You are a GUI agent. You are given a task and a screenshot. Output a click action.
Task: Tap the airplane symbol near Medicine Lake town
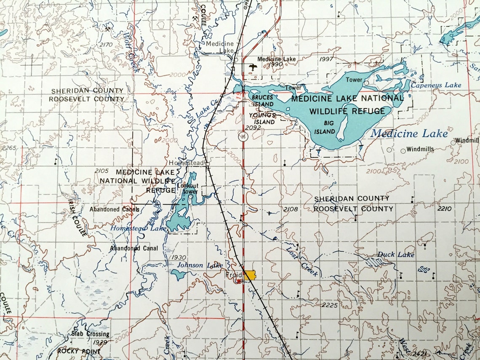pyautogui.click(x=253, y=67)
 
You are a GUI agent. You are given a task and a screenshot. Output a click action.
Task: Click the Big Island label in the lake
pyautogui.click(x=325, y=127)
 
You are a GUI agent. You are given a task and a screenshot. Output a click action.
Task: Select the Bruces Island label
pyautogui.click(x=262, y=100)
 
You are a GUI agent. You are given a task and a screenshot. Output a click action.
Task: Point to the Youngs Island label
pyautogui.click(x=262, y=118)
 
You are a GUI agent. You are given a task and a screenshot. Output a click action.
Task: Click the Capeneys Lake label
pyautogui.click(x=436, y=85)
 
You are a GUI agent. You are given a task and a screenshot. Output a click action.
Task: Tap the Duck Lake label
pyautogui.click(x=395, y=255)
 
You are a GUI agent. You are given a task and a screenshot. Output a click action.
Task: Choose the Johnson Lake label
pyautogui.click(x=200, y=265)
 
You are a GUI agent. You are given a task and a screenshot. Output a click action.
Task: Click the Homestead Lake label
pyautogui.click(x=138, y=228)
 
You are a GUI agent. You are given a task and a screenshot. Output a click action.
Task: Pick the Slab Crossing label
pyautogui.click(x=91, y=334)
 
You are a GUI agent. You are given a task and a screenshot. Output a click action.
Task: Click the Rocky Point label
pyautogui.click(x=79, y=351)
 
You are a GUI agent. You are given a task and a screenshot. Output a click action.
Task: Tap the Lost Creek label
pyautogui.click(x=302, y=261)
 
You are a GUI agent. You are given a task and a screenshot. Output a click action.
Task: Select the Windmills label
pyautogui.click(x=420, y=149)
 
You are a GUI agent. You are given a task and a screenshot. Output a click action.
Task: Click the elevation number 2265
pyautogui.click(x=8, y=148)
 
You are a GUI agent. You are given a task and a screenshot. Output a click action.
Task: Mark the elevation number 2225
pyautogui.click(x=329, y=305)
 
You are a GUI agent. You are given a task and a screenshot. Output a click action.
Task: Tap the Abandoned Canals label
pyautogui.click(x=114, y=209)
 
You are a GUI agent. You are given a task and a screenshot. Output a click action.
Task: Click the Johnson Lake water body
pyautogui.click(x=179, y=275)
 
